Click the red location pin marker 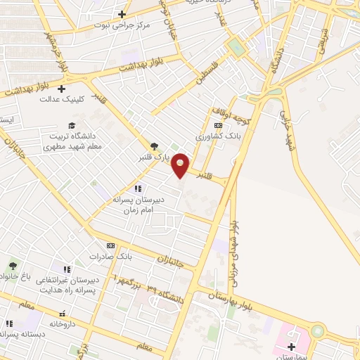(x=181, y=165)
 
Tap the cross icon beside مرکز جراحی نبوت (x=122, y=14)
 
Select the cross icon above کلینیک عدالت (x=62, y=89)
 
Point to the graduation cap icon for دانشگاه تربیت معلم (x=71, y=124)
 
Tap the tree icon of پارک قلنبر (x=154, y=146)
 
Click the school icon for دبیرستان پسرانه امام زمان (x=138, y=188)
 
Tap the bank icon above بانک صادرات (x=110, y=245)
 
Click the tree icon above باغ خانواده (x=12, y=266)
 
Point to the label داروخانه (x=62, y=324)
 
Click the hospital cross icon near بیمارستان (x=292, y=346)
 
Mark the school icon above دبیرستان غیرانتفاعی (x=67, y=269)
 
